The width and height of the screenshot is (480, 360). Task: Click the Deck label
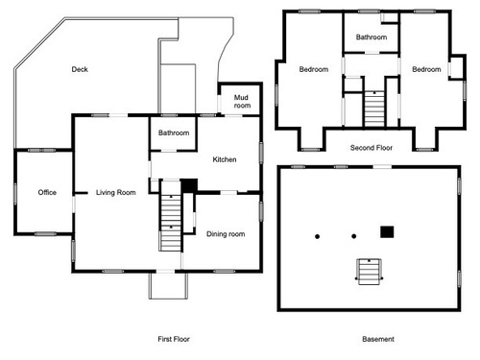click(80, 69)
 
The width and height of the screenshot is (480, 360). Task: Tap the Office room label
click(47, 192)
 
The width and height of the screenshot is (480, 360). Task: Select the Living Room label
click(116, 192)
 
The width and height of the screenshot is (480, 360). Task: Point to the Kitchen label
click(225, 159)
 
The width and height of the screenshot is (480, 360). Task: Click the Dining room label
click(226, 234)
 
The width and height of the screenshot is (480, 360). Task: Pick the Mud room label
click(242, 102)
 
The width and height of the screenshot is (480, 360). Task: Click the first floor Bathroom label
click(174, 132)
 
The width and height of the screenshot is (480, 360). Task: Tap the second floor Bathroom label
click(372, 37)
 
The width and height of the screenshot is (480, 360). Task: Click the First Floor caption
click(174, 339)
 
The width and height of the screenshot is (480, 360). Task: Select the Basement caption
click(378, 339)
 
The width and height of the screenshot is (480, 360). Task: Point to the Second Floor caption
click(372, 148)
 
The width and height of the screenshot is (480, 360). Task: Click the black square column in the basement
click(387, 232)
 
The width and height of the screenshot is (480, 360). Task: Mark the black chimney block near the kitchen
click(189, 185)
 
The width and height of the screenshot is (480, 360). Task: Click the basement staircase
click(370, 272)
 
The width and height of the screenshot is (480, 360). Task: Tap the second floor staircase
click(374, 108)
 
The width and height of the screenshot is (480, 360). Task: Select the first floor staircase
click(171, 223)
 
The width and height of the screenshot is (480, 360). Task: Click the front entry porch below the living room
click(168, 286)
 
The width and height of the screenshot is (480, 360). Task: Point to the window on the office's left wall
click(15, 194)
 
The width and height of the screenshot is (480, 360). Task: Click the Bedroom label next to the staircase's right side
click(426, 69)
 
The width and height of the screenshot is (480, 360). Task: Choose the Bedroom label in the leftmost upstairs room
click(314, 69)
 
